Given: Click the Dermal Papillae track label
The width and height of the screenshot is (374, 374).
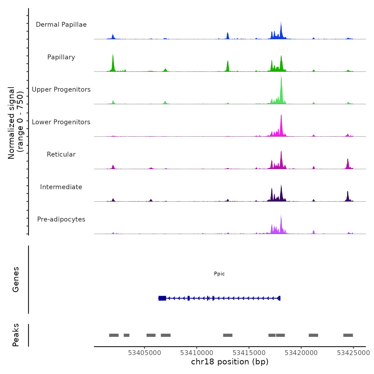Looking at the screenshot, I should [x=61, y=25].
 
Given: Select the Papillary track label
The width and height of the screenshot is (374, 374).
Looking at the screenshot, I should [x=61, y=57].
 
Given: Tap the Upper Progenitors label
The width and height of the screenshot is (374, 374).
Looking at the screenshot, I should [x=61, y=89].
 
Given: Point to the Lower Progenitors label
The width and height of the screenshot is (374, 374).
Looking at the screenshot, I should [x=61, y=122].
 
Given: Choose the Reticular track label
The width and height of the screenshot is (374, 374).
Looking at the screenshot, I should [x=61, y=154].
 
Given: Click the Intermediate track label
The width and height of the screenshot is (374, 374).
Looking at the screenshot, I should [x=61, y=187].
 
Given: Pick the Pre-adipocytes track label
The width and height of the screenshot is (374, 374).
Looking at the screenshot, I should [x=61, y=219].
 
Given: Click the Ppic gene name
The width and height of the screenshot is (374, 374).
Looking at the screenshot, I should [x=219, y=274].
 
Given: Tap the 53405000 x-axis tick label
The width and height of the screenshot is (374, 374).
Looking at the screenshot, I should [x=145, y=353].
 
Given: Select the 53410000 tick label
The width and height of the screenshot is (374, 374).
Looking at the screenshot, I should [x=197, y=353].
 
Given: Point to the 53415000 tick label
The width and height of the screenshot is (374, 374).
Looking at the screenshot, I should [x=249, y=353].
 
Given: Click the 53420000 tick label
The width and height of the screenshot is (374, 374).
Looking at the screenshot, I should [x=301, y=353].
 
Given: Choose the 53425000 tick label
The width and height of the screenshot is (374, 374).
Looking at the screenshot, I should [x=353, y=353].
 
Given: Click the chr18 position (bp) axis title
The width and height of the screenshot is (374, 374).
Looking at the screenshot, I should [x=230, y=362].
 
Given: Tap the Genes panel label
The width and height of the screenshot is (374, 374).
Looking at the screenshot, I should [x=16, y=279].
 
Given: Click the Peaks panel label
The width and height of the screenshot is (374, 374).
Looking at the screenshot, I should [x=16, y=335].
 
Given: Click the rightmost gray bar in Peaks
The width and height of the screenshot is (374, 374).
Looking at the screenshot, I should [x=348, y=335].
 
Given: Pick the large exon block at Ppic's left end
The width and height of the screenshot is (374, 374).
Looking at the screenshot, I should [x=162, y=298].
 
